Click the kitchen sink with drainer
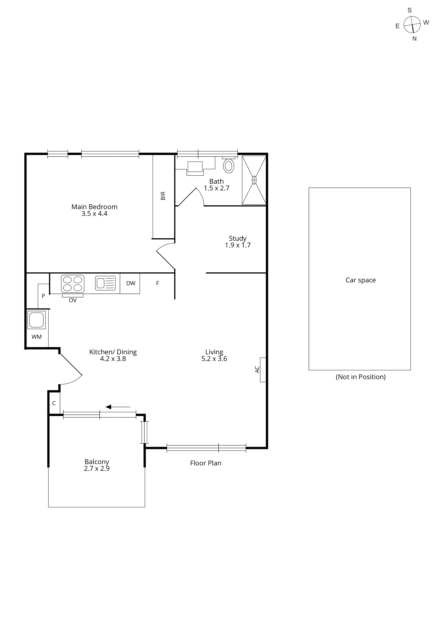[x=105, y=283]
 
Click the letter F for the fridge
[x=158, y=283]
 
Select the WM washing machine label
[x=37, y=337]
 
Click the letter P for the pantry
[x=43, y=296]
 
